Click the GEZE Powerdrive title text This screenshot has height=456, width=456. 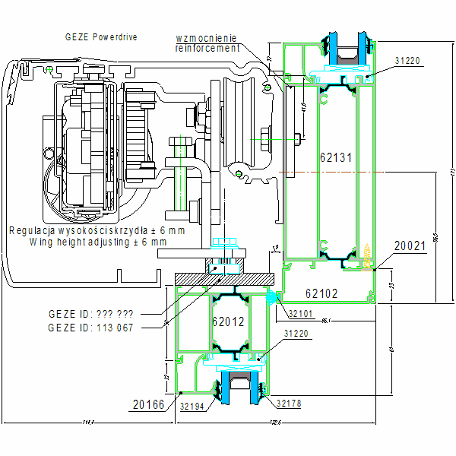click(101, 36)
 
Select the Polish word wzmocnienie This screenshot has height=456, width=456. click(207, 37)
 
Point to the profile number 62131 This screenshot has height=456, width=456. click(335, 157)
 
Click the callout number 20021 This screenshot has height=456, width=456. click(410, 246)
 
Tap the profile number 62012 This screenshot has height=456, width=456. click(228, 321)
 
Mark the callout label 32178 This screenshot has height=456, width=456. click(290, 404)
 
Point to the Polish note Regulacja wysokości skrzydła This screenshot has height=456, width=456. click(96, 230)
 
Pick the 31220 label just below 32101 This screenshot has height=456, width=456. click(298, 333)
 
